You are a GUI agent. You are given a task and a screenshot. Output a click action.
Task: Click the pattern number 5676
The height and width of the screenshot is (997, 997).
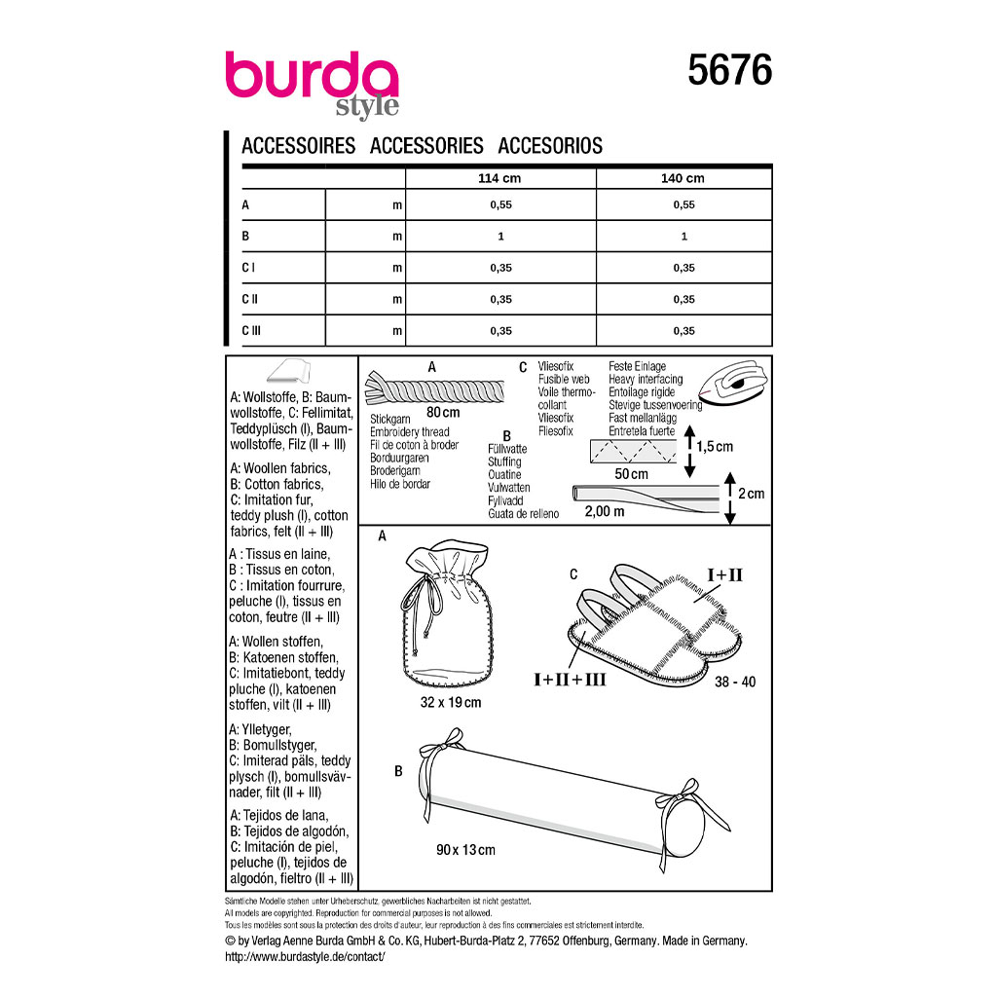pos(729,70)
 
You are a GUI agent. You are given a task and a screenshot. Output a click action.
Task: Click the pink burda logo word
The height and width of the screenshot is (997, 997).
pos(312,75)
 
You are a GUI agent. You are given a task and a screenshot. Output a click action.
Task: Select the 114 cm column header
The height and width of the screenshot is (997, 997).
pos(499,179)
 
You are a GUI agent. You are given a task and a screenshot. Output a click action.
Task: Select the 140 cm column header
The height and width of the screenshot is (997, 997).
pos(683,179)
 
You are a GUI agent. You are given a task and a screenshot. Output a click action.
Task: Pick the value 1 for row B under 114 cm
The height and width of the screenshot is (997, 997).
pos(501,237)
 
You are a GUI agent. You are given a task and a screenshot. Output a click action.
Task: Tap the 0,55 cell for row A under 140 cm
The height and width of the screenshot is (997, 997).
pos(684,204)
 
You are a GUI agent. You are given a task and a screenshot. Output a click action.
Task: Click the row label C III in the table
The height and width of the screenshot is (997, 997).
pos(251,331)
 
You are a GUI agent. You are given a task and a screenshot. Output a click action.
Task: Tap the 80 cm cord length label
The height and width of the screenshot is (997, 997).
pos(443,412)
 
